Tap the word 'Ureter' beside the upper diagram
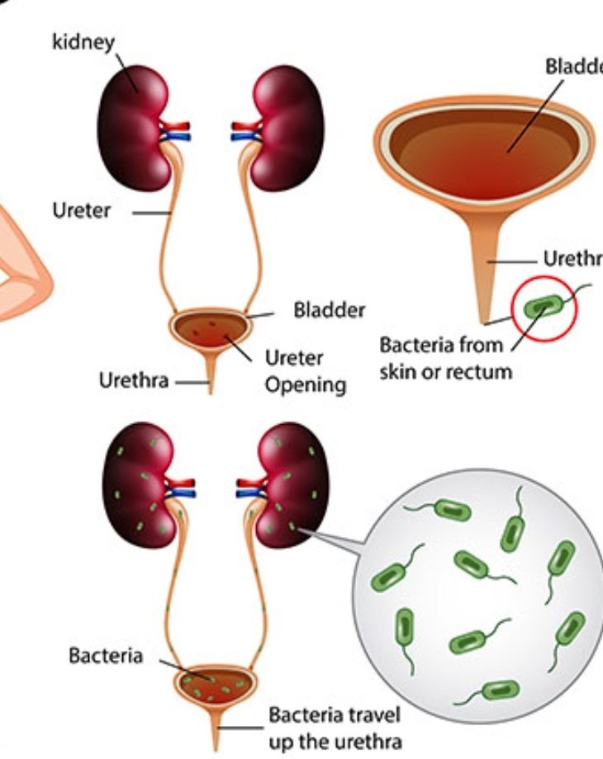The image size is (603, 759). coord(80,211)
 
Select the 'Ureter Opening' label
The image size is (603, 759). coord(305,370)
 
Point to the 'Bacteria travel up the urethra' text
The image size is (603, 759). coord(335,727)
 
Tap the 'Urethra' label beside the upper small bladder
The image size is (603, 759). coord(135,381)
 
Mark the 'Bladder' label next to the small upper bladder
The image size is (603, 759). coord(329,312)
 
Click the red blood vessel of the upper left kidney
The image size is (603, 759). coord(175,127)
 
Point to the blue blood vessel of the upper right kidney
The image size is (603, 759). coord(245,137)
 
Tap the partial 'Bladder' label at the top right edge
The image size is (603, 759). coord(573,66)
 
